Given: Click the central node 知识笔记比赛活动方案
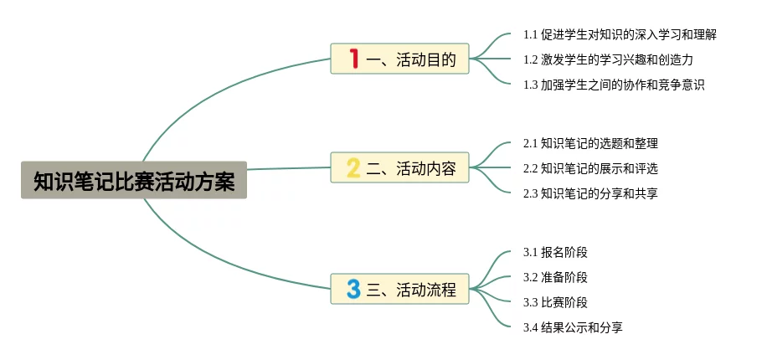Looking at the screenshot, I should coord(134,180).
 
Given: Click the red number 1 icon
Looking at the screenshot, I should coord(353,59).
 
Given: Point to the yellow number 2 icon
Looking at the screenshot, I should coord(353,168).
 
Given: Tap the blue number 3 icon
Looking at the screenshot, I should coord(353,290).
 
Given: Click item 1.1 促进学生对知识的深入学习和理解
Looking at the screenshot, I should coord(620,34).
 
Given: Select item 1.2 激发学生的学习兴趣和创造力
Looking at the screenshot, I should coord(608,59).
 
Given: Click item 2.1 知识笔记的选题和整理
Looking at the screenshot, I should coord(590,143).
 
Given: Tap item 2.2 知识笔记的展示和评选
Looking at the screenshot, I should coord(590,168).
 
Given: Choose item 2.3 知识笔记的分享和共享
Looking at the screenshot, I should coord(590,193).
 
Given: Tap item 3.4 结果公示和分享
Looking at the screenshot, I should coord(573,327).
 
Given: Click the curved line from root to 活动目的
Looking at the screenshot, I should coord(209,88).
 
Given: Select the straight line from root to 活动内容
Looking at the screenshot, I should coord(289,168).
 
